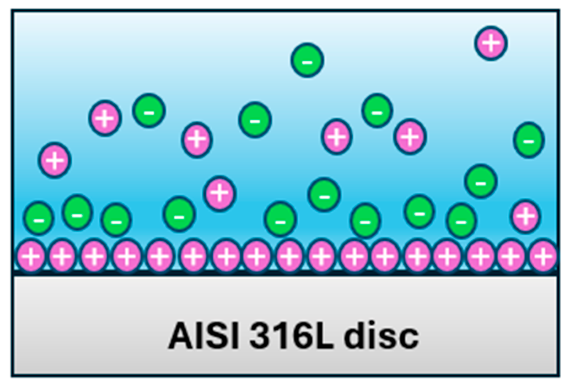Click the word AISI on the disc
click(x=204, y=336)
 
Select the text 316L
click(x=291, y=336)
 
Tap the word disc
click(x=381, y=336)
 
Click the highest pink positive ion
click(x=491, y=43)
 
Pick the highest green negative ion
click(x=307, y=60)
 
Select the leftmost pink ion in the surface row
click(x=31, y=256)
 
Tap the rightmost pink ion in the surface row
click(x=543, y=256)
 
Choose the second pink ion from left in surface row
click(x=62, y=256)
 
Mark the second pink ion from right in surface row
click(x=511, y=256)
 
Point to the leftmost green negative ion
click(x=39, y=218)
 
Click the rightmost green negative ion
click(x=529, y=140)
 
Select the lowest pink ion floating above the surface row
click(x=526, y=216)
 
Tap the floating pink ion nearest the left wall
click(x=54, y=160)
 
